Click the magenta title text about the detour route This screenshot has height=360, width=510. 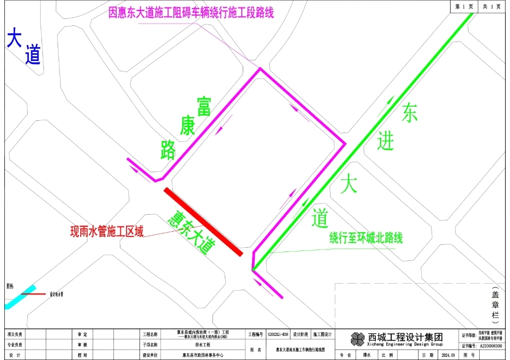point(191,13)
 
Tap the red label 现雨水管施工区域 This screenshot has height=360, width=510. point(107,231)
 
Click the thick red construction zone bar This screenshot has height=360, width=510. point(203,222)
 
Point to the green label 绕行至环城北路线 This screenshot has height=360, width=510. point(366,238)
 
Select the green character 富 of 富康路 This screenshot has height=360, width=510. point(204,107)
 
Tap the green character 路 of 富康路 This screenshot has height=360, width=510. point(168,150)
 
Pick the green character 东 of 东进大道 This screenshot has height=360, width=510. point(409,113)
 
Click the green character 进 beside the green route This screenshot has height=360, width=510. point(385,141)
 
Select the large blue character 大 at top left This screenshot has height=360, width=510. point(15,38)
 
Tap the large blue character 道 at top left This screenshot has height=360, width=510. point(33,56)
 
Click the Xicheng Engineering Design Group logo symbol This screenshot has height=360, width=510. point(357,338)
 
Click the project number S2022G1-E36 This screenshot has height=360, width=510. point(278,335)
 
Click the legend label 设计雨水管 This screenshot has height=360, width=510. point(56,294)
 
